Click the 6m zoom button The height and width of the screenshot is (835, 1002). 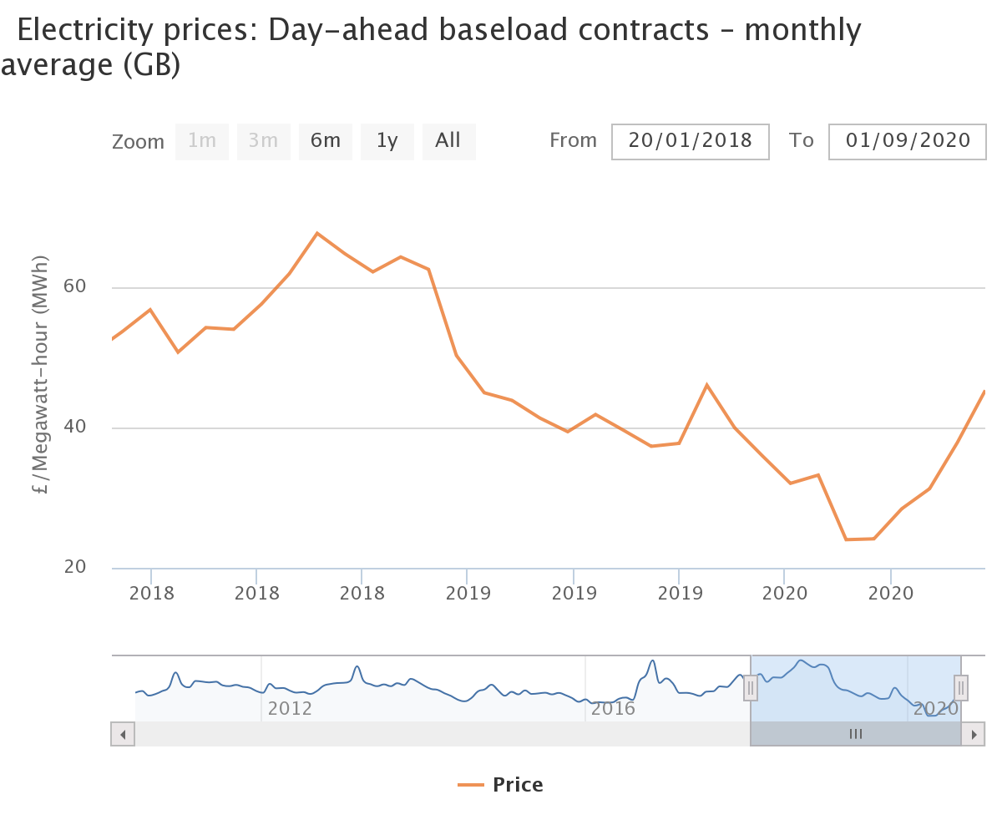click(x=326, y=141)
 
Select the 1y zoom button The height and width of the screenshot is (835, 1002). click(x=387, y=141)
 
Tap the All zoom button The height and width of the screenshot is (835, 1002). click(x=448, y=141)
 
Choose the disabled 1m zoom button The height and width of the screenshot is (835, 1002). click(x=202, y=141)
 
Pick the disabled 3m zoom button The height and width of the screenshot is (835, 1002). click(x=264, y=141)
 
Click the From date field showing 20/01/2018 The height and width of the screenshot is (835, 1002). click(x=690, y=141)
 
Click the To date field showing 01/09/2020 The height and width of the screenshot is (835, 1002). click(x=908, y=141)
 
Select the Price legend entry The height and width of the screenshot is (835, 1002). click(x=501, y=785)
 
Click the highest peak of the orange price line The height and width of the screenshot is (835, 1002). click(x=317, y=233)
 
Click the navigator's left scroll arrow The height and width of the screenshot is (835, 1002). click(x=123, y=734)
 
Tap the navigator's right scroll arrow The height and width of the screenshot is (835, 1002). click(x=973, y=734)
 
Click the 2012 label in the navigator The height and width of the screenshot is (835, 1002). click(x=290, y=710)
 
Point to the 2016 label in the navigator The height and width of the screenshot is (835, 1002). click(x=613, y=710)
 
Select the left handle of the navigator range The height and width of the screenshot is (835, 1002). click(x=751, y=688)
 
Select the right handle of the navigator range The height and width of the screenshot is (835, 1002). click(x=961, y=688)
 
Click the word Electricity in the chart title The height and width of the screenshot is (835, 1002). click(x=85, y=31)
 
